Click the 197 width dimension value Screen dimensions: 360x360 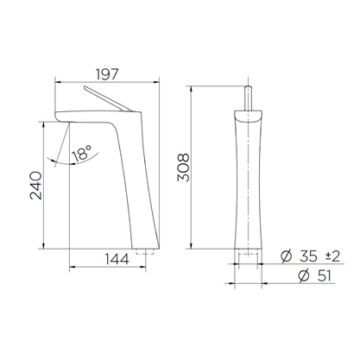click(107, 74)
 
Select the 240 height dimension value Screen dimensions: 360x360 click(36, 186)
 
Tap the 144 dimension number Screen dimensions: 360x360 click(117, 259)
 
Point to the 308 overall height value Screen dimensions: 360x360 click(183, 167)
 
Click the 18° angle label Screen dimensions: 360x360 click(81, 153)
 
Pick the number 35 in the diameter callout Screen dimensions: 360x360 click(308, 256)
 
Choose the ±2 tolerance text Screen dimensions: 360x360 click(332, 256)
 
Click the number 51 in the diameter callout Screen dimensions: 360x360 click(324, 276)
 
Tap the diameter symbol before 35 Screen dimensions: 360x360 click(286, 256)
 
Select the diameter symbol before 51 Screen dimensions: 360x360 click(304, 276)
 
